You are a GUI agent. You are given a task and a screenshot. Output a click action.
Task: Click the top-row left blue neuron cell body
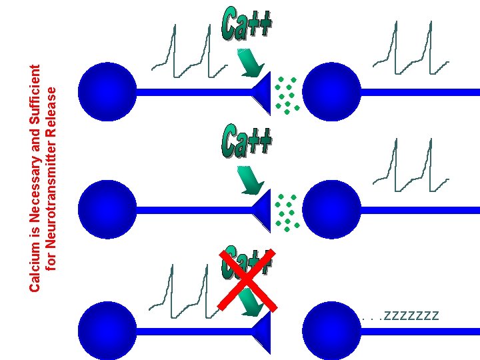click(x=107, y=92)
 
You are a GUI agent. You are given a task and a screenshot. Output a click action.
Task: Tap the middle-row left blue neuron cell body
click(x=107, y=209)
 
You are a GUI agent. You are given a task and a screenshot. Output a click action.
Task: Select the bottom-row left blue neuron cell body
click(x=107, y=329)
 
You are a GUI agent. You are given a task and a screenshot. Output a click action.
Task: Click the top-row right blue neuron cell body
click(x=331, y=92)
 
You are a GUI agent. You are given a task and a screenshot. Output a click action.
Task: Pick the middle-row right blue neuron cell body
click(x=331, y=209)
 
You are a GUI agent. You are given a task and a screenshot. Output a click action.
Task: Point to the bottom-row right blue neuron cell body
click(x=331, y=329)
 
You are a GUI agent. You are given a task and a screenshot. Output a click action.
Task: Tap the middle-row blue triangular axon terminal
click(x=263, y=209)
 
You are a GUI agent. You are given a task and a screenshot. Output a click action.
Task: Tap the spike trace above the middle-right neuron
click(x=411, y=167)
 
